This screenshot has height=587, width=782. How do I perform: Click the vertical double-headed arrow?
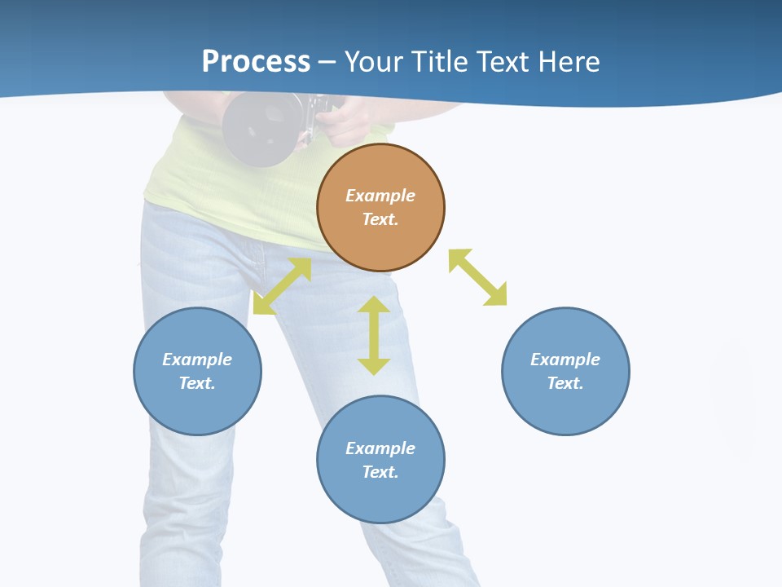coord(374,335)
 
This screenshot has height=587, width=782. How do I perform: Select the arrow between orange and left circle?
coord(283,286)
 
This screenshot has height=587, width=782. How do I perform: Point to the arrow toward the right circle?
coord(477,277)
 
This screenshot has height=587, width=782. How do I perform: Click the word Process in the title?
coord(256,61)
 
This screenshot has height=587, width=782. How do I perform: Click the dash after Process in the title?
coord(327,62)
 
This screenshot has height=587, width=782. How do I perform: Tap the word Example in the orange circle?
coord(380,196)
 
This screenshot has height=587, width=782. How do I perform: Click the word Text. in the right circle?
coord(565,383)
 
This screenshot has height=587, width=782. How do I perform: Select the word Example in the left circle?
coord(197,360)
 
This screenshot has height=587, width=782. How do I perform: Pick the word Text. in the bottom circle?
coord(380,472)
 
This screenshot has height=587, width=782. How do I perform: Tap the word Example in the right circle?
coord(565,360)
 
